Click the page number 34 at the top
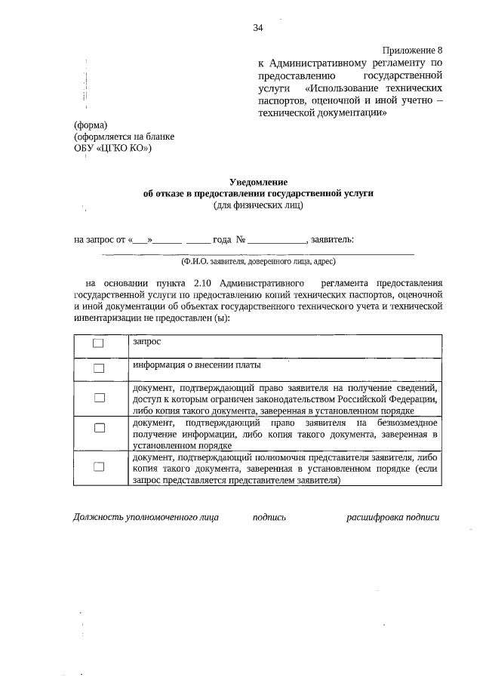(258, 28)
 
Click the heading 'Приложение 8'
(412, 49)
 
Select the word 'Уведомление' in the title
(259, 181)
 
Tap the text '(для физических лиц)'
(259, 204)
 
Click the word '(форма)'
(91, 125)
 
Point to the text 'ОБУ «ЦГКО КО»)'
(112, 148)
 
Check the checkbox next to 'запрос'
(98, 343)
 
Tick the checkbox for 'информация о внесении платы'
(98, 368)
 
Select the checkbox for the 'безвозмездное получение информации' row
(98, 428)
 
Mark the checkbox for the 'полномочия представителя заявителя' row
(98, 467)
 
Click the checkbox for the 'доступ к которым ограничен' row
(98, 397)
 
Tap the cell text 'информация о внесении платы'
(197, 365)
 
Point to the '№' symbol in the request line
(241, 240)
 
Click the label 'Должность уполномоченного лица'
(146, 518)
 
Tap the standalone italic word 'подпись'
(269, 518)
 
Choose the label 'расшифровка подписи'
(392, 518)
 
